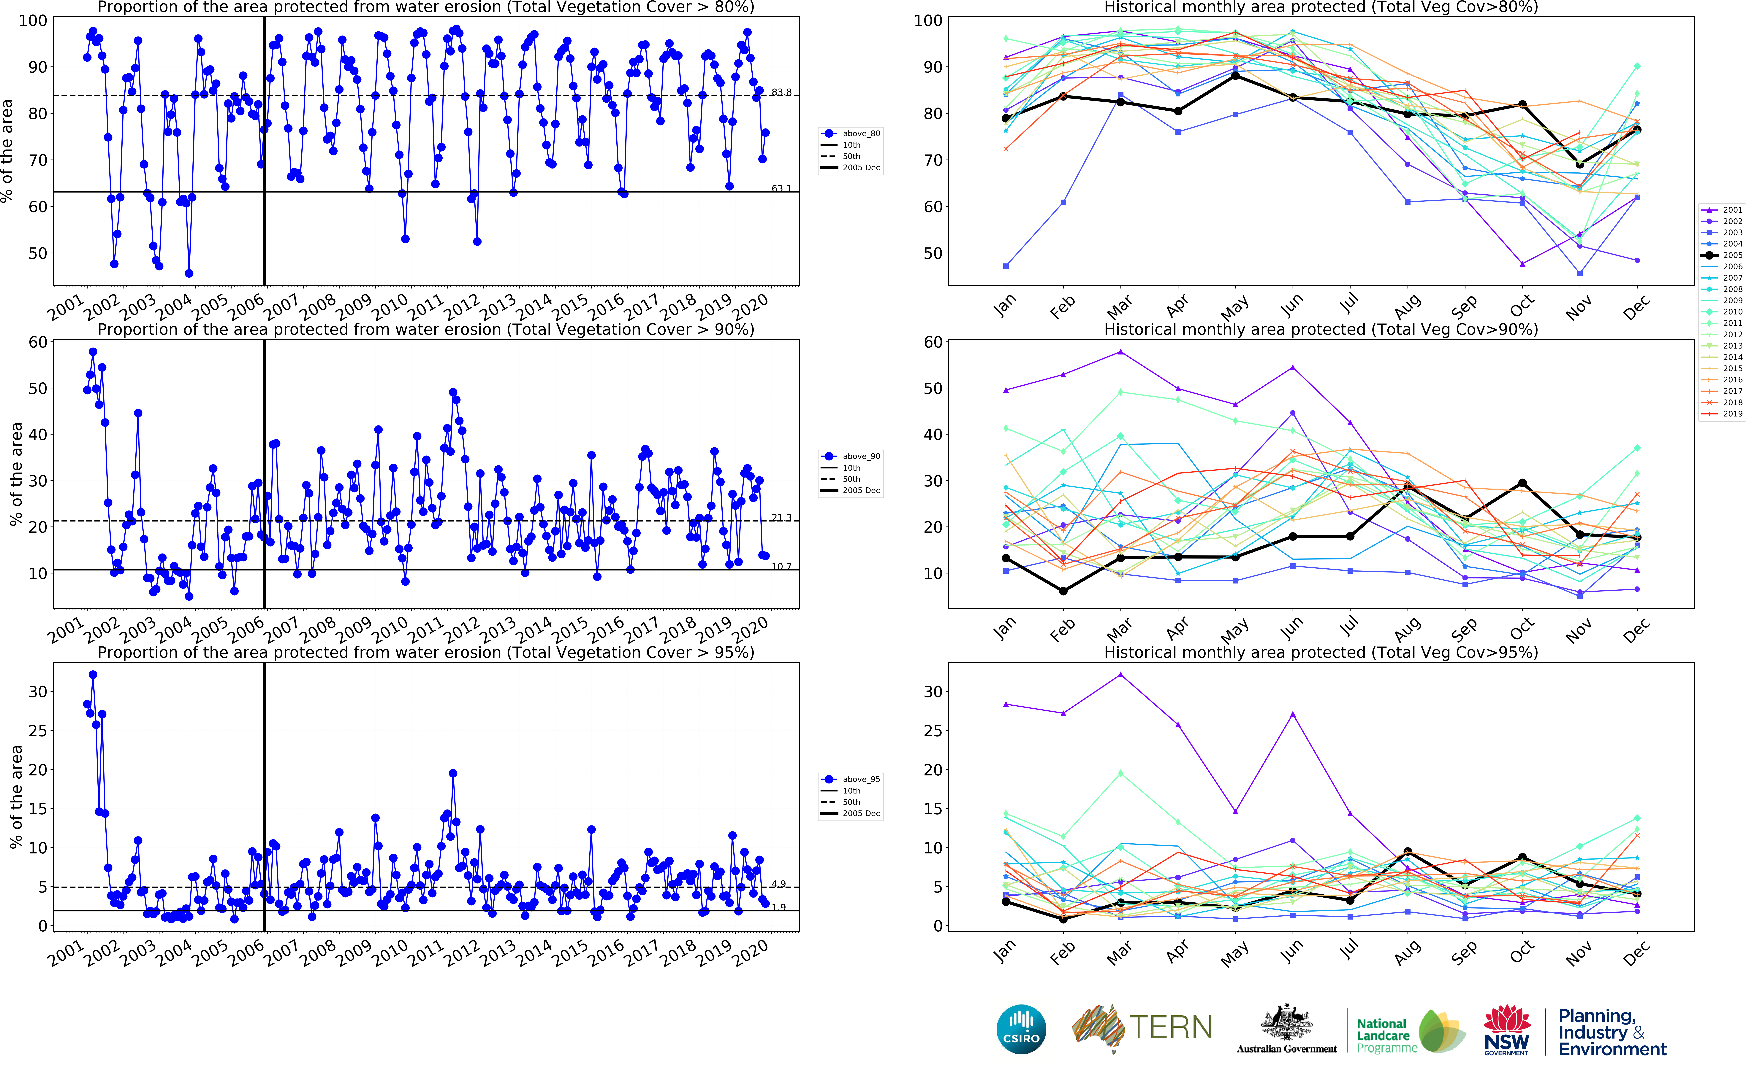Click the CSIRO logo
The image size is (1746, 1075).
pos(1021,1029)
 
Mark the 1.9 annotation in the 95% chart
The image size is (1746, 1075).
pos(779,907)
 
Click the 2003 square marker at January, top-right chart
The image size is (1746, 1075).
pos(1006,266)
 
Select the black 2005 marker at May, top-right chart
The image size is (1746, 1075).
pos(1235,75)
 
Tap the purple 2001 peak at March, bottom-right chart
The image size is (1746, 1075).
pos(1121,675)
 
